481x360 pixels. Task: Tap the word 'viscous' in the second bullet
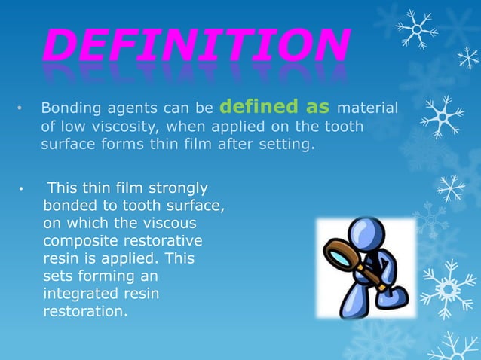coord(170,223)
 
